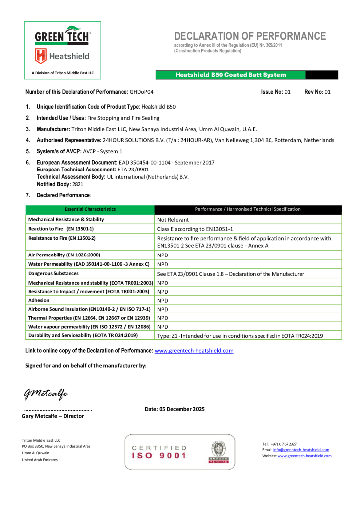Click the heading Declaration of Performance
250,36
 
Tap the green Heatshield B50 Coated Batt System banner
231,75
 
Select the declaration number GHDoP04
142,92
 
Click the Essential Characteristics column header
90,209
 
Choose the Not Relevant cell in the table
173,219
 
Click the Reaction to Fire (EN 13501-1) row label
61,228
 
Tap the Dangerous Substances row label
53,273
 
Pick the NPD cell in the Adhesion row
163,301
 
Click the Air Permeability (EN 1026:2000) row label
67,254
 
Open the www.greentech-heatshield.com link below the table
194,351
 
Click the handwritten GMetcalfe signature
46,393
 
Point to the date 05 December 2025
175,409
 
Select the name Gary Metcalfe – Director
53,416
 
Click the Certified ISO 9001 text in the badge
159,452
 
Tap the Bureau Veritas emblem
218,451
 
